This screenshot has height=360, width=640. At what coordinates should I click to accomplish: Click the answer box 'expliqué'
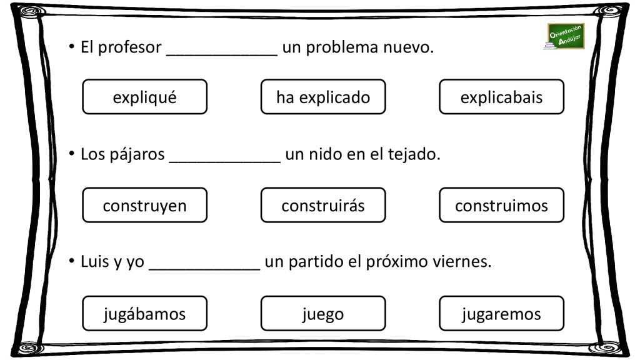tap(144, 97)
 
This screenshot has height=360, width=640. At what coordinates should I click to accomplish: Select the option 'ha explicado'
tap(323, 97)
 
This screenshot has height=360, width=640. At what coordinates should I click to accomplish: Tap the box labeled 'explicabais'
tap(501, 97)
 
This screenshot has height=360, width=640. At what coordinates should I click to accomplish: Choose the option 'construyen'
tap(144, 205)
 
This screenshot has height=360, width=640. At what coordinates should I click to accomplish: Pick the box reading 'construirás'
tap(323, 205)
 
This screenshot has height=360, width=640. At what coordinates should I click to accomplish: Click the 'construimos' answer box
tap(501, 205)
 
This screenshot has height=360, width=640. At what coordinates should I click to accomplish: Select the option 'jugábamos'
tap(144, 313)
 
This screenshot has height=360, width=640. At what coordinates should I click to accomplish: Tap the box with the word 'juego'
tap(323, 313)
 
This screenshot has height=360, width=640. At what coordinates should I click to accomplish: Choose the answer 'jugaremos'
tap(501, 313)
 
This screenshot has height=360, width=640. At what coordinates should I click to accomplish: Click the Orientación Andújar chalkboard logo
tap(564, 36)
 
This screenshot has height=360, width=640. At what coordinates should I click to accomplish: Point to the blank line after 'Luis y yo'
tap(204, 269)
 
